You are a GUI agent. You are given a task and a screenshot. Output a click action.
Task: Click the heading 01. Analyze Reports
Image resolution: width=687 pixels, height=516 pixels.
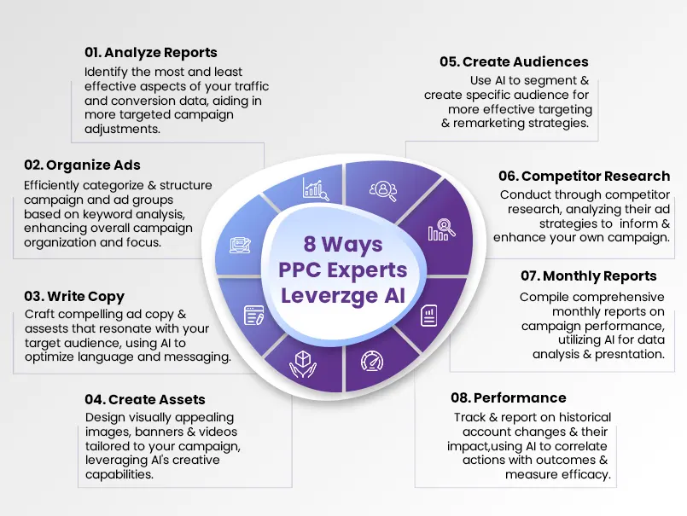point(151,53)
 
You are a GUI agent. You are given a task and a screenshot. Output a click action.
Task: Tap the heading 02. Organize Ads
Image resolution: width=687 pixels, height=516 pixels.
point(83,165)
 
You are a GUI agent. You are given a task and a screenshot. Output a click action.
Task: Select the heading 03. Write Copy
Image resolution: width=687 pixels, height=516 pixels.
point(74,297)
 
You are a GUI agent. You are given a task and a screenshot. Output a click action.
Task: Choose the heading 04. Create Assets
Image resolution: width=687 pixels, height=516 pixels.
point(145,399)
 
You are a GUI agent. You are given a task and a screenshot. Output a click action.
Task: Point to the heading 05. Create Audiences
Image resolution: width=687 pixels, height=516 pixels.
point(514,61)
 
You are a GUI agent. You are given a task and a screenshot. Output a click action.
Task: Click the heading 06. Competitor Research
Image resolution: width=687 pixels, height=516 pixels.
point(584,176)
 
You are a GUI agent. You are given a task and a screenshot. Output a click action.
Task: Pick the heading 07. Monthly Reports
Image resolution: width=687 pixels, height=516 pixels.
point(588,276)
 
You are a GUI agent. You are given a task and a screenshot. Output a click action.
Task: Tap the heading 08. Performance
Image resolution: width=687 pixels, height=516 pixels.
point(509,397)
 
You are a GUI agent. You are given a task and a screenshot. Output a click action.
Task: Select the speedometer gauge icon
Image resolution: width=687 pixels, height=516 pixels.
point(372,362)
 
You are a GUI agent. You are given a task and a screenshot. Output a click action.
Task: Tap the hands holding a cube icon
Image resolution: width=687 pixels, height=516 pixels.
point(303,364)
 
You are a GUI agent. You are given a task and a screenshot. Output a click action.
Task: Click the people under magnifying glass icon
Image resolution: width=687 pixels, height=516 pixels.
point(383,191)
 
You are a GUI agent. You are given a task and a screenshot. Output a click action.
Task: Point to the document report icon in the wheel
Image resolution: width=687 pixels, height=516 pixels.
point(428,316)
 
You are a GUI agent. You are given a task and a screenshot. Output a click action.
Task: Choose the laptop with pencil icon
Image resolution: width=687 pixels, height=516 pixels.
point(241,246)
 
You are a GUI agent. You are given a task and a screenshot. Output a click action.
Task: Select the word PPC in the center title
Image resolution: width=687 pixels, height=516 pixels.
point(300,270)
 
